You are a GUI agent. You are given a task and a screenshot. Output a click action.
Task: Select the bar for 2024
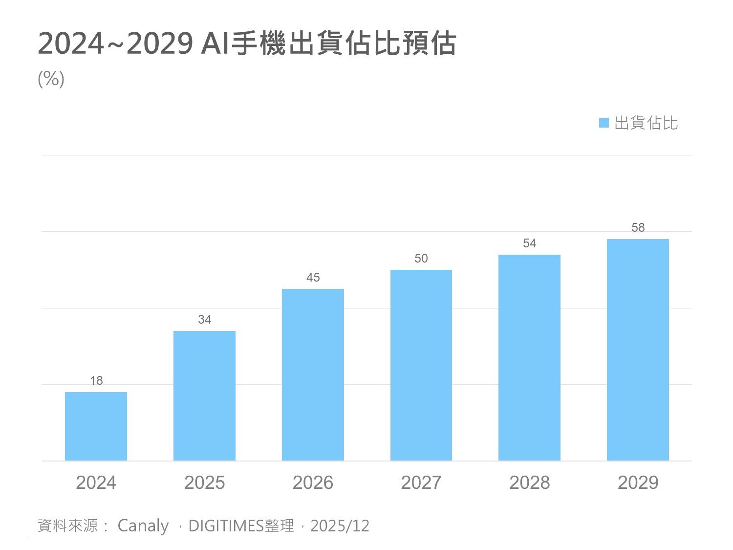96,426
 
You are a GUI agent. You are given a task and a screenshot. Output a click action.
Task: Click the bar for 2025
204,396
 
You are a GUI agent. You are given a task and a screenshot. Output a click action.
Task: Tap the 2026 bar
313,374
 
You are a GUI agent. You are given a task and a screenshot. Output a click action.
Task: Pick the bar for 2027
421,365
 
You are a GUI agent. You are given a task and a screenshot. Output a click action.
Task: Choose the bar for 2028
529,357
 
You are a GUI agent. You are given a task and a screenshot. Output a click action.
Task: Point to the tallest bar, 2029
638,350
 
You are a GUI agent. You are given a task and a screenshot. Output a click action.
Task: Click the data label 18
96,380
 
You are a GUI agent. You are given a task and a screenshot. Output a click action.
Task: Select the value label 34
204,320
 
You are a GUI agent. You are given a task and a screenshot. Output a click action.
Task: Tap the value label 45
313,278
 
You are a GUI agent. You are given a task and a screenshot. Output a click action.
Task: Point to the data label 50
421,259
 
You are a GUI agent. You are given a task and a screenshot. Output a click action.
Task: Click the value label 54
529,243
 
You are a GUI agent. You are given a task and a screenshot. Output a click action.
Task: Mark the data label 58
638,228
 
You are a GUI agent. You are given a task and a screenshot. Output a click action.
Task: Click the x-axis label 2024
96,483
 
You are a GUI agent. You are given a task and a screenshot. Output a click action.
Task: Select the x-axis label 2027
421,483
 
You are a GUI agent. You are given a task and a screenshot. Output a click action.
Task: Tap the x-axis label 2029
638,483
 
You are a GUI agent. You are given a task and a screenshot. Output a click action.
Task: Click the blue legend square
604,123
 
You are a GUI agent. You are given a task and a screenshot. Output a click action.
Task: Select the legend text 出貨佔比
646,123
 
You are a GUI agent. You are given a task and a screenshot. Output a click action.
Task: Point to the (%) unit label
51,79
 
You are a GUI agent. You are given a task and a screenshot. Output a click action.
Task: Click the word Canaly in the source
143,526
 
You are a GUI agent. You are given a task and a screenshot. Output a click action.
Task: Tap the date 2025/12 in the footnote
340,526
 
